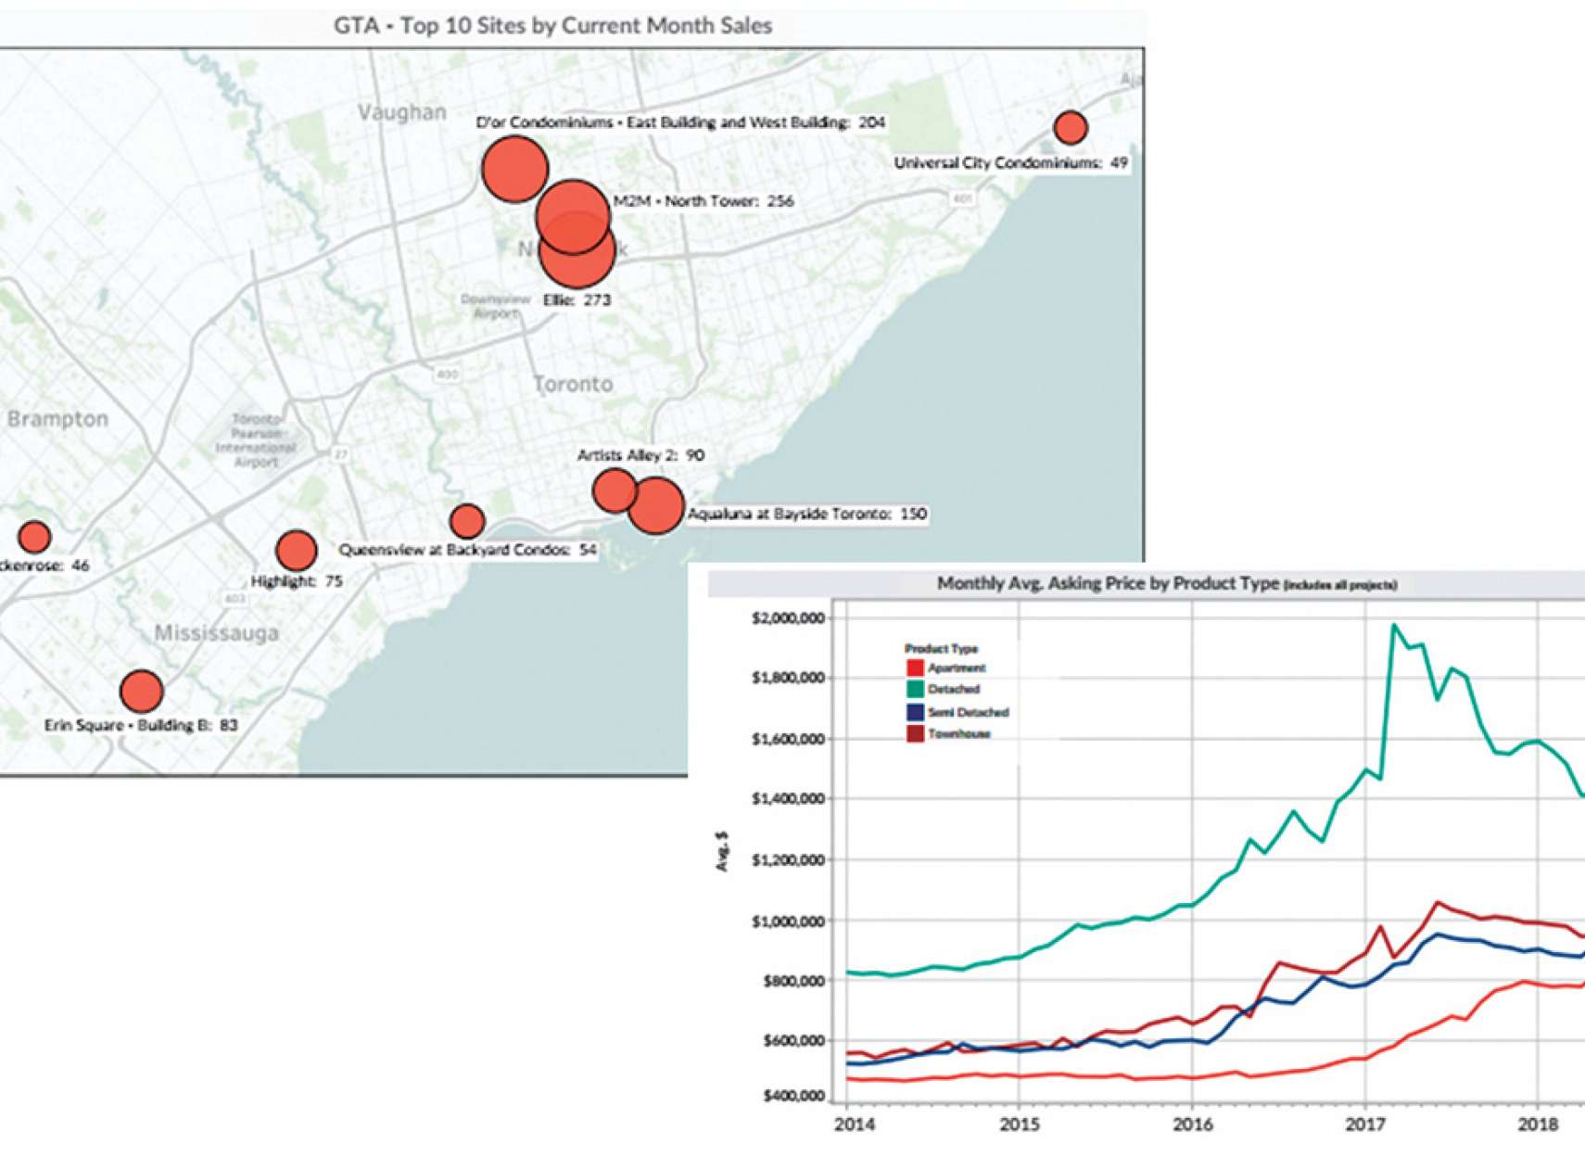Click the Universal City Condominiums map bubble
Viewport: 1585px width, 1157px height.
tap(1071, 127)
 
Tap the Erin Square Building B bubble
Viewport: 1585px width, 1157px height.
tap(141, 691)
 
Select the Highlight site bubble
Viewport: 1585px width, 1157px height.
tap(296, 551)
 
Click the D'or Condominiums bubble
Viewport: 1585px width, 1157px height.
tap(514, 170)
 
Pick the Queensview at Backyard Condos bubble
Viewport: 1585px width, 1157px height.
tap(467, 521)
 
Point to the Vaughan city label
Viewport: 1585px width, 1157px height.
tap(401, 112)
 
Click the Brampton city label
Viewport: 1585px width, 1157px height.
tap(57, 419)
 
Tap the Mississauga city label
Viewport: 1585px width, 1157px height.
tap(216, 633)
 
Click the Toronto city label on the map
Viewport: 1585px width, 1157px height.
tap(573, 384)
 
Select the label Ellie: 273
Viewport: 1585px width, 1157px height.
tap(577, 299)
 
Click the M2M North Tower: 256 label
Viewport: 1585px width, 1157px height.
tap(704, 201)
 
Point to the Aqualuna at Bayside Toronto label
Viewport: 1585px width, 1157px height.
tap(806, 514)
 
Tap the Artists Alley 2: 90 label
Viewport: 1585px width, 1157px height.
tap(640, 455)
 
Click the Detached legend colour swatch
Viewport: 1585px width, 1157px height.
tap(915, 689)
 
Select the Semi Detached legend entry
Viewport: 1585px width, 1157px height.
tap(968, 712)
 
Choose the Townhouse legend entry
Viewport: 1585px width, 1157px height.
tap(958, 734)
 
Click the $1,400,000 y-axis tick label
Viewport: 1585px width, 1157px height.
tap(788, 799)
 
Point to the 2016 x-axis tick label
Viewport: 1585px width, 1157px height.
tap(1192, 1125)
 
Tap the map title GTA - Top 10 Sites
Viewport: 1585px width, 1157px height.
tap(552, 26)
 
